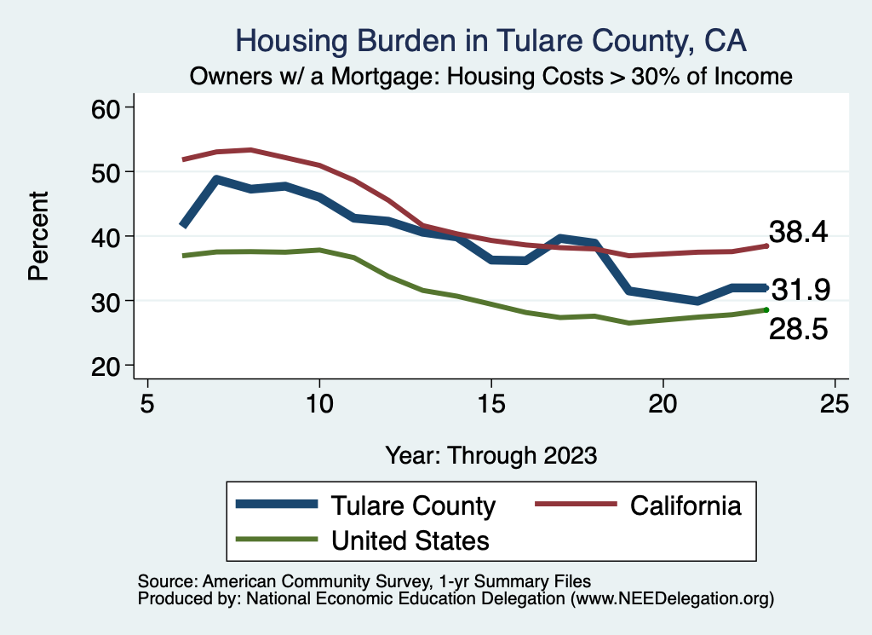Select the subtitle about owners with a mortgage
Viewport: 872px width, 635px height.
[x=490, y=77]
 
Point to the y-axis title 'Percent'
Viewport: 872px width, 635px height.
[x=38, y=236]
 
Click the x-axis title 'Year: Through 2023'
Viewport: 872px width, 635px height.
[x=490, y=454]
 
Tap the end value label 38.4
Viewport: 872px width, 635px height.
[x=799, y=232]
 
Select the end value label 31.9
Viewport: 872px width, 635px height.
[x=800, y=291]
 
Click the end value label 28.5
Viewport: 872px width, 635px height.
[x=799, y=330]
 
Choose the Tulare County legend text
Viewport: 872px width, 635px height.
[x=413, y=505]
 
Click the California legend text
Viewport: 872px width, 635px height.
[x=686, y=505]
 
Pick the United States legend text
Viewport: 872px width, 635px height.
[x=410, y=540]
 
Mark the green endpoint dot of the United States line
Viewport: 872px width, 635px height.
[x=766, y=309]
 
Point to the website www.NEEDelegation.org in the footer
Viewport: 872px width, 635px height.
[x=672, y=598]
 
